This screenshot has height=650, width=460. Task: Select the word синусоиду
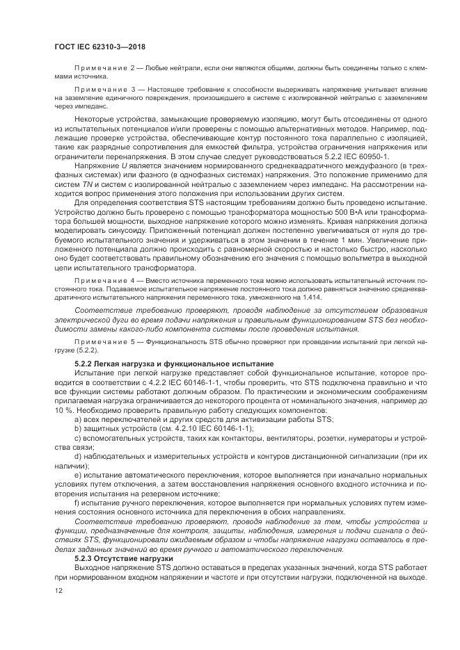tap(142, 247)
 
